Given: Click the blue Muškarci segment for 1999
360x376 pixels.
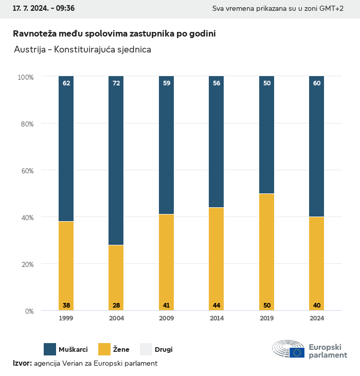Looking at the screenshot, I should point(66,149).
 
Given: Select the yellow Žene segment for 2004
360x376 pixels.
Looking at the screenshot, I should point(116,278).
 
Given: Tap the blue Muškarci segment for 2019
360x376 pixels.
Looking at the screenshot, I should point(266,135).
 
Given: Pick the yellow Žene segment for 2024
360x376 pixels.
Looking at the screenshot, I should point(317,263).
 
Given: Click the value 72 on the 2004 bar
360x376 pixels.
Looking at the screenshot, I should point(116,83).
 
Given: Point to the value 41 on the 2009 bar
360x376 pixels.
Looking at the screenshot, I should point(167,306).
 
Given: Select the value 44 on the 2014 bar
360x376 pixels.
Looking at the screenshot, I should point(217,306).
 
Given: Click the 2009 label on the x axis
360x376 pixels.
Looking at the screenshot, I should point(167,318).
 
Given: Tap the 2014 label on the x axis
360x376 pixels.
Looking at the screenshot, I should point(217,318).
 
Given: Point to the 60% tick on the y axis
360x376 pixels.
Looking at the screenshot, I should point(26,171).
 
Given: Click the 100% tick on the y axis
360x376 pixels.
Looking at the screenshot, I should point(25,77).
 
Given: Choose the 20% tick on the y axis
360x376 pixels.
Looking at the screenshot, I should point(26,264).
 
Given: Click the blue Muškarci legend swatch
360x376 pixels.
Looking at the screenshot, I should point(50,349).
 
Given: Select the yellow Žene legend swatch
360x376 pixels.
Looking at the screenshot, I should point(104,349).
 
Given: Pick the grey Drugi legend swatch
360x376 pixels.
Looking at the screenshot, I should point(146,349).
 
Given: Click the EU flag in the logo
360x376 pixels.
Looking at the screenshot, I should point(297,352).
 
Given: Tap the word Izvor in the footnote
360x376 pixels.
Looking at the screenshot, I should point(22,363).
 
